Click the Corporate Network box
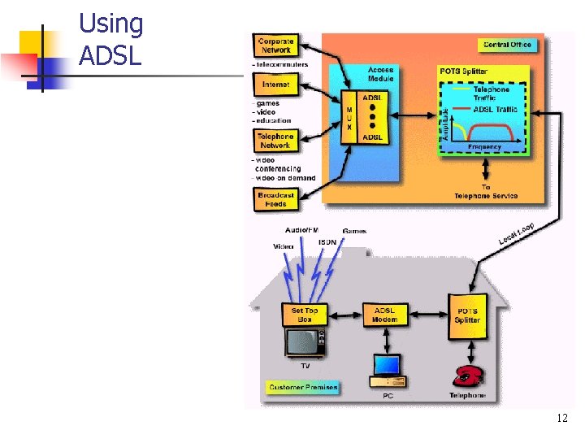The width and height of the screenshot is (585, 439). (275, 46)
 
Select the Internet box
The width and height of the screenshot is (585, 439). (275, 85)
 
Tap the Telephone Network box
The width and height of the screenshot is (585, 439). (275, 141)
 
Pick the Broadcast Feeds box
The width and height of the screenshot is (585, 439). (275, 199)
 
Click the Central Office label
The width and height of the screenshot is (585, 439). (507, 45)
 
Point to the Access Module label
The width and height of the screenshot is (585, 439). (380, 74)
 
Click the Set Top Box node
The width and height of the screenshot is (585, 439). (305, 315)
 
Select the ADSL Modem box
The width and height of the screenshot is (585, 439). (384, 315)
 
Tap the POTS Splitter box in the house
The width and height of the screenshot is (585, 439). (467, 315)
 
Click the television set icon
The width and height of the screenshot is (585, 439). (305, 343)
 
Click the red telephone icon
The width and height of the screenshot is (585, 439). (468, 375)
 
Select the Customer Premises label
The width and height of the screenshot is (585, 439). (302, 387)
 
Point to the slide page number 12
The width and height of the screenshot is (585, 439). (561, 419)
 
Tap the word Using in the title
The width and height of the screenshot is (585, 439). (110, 24)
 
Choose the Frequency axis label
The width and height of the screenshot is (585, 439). (484, 147)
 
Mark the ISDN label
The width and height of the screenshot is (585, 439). (327, 241)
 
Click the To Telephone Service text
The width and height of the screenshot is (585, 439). (486, 192)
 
